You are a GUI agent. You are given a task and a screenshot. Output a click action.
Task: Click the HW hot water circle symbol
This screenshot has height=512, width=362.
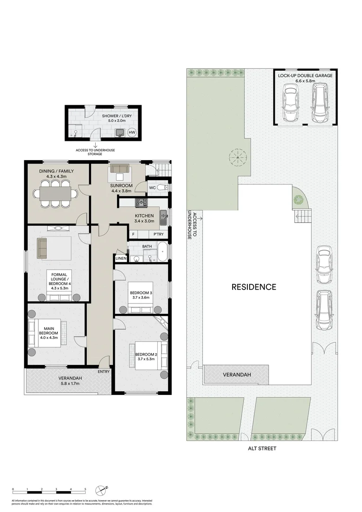132,133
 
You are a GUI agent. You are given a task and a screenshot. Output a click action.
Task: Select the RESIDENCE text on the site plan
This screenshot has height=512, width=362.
253,287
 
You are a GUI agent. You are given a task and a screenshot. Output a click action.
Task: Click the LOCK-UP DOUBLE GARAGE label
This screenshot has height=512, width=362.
305,75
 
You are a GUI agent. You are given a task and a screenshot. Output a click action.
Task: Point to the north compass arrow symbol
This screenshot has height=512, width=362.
101,490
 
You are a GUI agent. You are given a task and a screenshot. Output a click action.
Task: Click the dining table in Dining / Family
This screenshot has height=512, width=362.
55,193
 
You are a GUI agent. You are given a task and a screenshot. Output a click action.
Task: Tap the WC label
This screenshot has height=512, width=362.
152,188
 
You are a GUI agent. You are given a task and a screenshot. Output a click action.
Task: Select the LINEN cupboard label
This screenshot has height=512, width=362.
120,258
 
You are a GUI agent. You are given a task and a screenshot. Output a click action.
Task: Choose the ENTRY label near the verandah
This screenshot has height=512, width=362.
104,372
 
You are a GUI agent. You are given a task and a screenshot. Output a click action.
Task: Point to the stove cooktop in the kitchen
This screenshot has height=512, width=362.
141,202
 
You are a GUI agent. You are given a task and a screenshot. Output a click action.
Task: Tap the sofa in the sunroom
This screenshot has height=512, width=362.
119,169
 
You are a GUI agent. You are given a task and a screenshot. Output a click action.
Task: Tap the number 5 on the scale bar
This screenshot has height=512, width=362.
85,489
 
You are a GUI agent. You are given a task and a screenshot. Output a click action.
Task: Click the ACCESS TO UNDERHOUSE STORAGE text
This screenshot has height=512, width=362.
95,153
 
